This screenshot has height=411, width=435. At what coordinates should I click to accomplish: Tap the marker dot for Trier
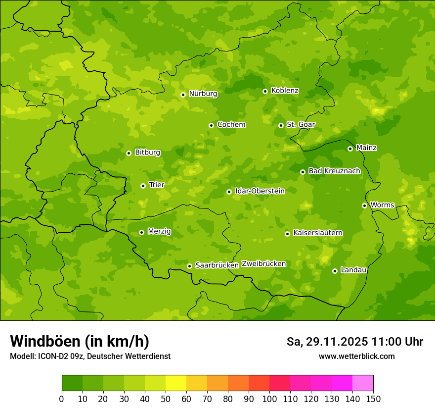point(143,186)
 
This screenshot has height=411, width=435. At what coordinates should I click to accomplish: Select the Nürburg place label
point(203,94)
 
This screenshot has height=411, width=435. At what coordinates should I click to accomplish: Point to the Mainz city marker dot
point(350,149)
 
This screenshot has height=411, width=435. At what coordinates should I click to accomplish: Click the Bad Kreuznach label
point(334,171)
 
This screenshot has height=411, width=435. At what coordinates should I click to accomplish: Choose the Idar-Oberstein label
point(260,191)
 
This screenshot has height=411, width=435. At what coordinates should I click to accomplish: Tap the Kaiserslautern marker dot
point(287,234)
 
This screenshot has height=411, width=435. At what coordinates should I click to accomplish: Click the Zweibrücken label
point(263,264)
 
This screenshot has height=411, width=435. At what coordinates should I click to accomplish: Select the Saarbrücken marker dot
point(189,266)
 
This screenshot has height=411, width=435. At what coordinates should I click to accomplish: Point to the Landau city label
point(353,270)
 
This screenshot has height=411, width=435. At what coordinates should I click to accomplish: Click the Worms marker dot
point(364,205)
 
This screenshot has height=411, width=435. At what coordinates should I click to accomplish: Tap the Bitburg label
point(147,153)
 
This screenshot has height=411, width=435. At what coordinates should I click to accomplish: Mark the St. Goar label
point(301,124)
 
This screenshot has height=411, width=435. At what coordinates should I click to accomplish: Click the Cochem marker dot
point(211,125)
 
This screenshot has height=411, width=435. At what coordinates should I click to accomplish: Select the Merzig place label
point(159,231)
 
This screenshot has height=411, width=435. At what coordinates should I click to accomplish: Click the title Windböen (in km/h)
point(80,341)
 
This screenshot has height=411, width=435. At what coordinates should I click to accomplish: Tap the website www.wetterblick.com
point(356,356)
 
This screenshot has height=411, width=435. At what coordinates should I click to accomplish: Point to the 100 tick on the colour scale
point(269,399)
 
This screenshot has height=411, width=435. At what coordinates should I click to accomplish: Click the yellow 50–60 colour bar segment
point(176,383)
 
